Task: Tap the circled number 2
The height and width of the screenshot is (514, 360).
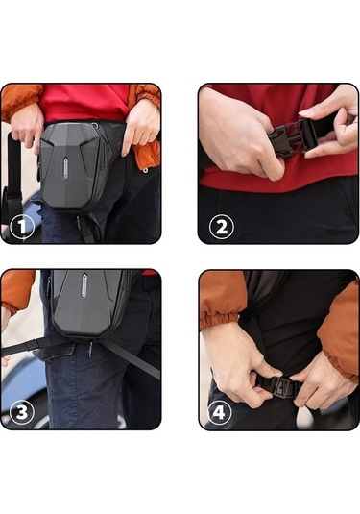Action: pos(223,227)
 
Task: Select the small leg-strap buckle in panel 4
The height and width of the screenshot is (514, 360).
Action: pos(279,390)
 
